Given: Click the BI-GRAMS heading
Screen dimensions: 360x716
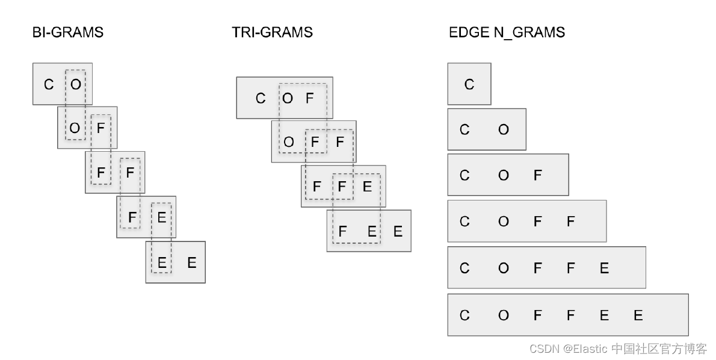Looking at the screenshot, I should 67,33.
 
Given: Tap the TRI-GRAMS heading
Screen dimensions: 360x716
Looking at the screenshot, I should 272,33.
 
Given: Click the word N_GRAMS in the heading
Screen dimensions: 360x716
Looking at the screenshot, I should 529,33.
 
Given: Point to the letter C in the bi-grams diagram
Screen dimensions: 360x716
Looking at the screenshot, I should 49,84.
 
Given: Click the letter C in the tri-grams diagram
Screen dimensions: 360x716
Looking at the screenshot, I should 261,98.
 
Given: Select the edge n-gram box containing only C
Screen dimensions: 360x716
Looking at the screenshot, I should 469,84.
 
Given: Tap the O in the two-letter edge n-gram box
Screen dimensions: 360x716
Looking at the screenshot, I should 504,129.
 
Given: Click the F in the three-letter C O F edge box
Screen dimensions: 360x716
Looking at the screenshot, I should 537,175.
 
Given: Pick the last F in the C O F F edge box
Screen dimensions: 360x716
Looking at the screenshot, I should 571,222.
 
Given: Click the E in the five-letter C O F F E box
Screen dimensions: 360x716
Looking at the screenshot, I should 605,268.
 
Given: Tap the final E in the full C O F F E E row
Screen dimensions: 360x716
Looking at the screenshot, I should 638,315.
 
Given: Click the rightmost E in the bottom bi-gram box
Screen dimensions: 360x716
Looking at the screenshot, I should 191,262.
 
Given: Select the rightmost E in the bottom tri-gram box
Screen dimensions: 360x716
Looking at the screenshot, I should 398,231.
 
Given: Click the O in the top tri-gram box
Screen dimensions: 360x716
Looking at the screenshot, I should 288,98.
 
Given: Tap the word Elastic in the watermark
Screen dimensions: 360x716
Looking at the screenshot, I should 588,349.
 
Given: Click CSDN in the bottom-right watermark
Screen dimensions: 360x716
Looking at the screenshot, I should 542,349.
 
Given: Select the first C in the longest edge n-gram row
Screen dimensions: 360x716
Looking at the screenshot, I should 464,315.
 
